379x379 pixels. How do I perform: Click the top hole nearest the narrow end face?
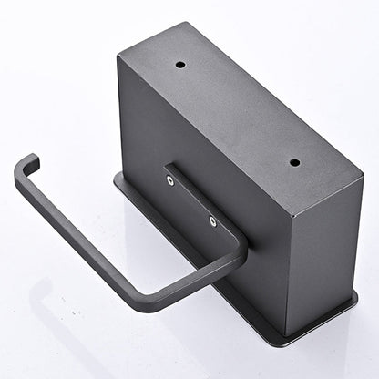tap(294, 162)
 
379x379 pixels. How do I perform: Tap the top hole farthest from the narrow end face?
tap(179, 66)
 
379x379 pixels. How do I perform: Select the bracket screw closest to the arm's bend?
tap(212, 220)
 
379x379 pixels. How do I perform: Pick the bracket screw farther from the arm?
tap(170, 180)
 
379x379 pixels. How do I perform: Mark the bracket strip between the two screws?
tap(191, 201)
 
